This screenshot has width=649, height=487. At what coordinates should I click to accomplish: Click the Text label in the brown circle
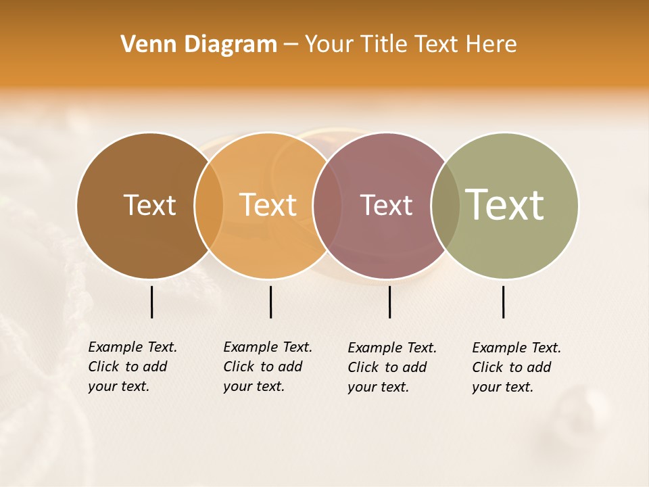149,205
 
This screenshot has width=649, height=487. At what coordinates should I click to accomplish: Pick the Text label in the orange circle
268,205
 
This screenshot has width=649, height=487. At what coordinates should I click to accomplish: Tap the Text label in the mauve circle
386,205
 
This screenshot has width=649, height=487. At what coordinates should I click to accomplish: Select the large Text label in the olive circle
505,205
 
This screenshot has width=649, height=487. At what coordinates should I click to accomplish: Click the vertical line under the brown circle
151,302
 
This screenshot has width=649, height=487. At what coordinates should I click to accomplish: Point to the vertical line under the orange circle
270,302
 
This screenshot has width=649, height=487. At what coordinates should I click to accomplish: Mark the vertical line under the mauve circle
389,302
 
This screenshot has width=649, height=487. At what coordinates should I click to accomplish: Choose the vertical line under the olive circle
503,302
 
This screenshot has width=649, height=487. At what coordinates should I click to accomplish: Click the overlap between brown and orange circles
209,206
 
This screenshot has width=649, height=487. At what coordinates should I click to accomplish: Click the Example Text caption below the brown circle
133,367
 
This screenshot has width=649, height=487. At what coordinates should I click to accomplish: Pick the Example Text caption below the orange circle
268,367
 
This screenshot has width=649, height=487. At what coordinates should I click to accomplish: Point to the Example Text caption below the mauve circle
392,367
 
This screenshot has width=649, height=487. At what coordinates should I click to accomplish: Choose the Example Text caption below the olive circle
516,367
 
